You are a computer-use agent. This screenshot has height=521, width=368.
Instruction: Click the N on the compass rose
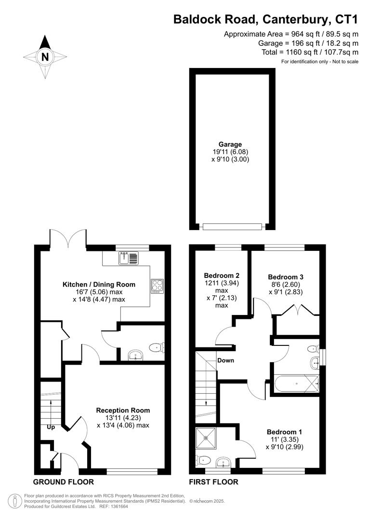pos(45,56)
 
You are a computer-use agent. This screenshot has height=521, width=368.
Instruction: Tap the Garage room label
pos(230,144)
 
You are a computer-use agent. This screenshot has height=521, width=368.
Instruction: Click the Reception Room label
pos(123,410)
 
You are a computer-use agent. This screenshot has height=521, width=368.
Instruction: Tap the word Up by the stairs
pos(51,427)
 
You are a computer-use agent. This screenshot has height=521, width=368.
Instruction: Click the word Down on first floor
pos(225,360)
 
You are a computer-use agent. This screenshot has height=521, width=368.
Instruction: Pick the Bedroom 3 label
pos(286,277)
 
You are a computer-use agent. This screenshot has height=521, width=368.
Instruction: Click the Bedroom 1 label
pos(284,432)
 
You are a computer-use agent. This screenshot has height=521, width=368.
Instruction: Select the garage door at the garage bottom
pos(233,226)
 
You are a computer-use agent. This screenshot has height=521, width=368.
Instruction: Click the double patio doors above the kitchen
pos(69,238)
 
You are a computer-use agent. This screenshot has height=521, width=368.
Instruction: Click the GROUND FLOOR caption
pos(63,482)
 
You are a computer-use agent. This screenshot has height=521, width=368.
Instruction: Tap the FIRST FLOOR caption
pos(213,482)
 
